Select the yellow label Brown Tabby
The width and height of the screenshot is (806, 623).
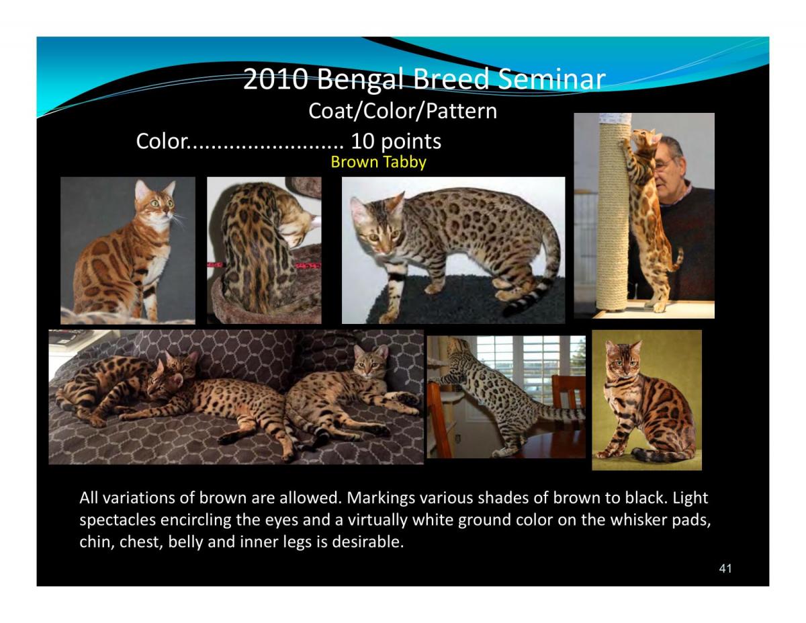(x=378, y=162)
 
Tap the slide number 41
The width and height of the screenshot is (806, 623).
(x=725, y=569)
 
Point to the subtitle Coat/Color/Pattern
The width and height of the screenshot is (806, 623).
(x=402, y=111)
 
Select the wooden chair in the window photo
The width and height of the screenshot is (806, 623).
(x=568, y=403)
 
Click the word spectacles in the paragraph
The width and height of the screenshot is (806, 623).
(x=114, y=520)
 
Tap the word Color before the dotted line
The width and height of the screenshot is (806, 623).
(x=159, y=142)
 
